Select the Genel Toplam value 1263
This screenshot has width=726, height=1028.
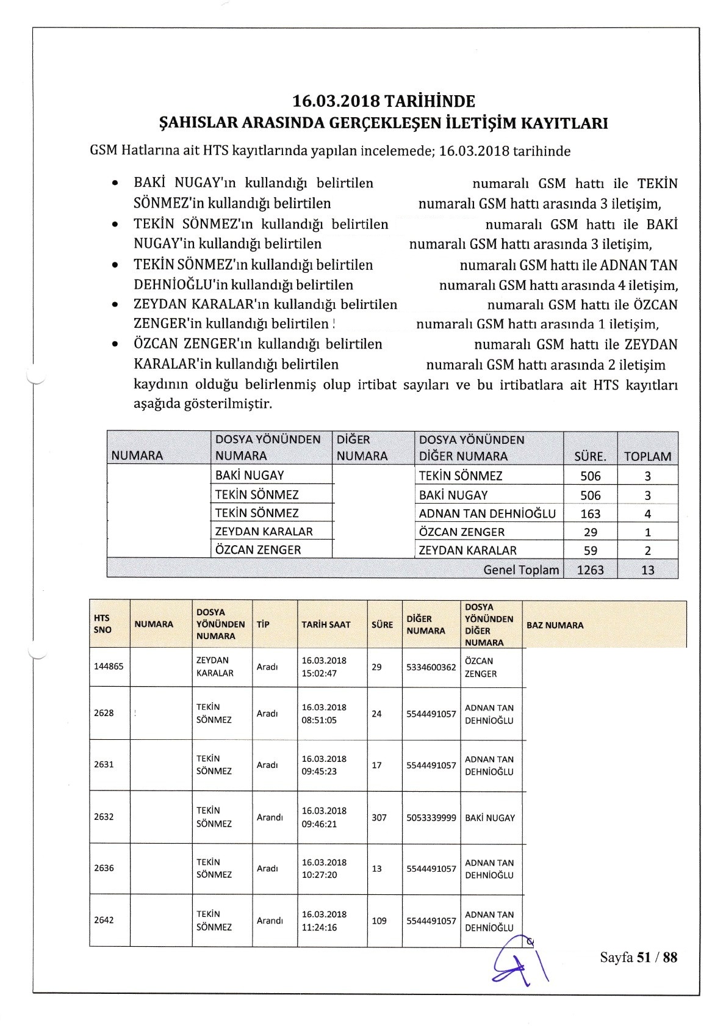point(590,570)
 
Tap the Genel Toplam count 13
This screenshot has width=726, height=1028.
point(647,570)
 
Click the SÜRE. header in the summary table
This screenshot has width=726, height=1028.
point(590,456)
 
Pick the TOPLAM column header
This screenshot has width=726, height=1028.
point(647,456)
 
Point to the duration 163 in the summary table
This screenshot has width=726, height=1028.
point(590,513)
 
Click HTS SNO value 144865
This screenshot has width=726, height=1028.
point(109,666)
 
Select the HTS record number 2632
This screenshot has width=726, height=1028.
point(104,817)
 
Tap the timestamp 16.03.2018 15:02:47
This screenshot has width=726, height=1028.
point(324,667)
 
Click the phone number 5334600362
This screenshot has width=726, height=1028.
point(431,667)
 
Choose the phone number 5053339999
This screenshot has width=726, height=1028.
point(431,817)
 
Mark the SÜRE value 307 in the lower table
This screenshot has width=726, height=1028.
point(379,817)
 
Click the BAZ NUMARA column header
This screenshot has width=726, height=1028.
point(555,625)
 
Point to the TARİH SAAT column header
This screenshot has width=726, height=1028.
point(326,624)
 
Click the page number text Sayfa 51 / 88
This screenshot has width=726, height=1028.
point(638,957)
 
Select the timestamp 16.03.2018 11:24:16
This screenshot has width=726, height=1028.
point(324,921)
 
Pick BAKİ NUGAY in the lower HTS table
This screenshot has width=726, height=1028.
point(490,817)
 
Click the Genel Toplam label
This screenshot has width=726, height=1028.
point(520,570)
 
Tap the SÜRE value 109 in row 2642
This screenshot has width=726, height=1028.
point(379,921)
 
